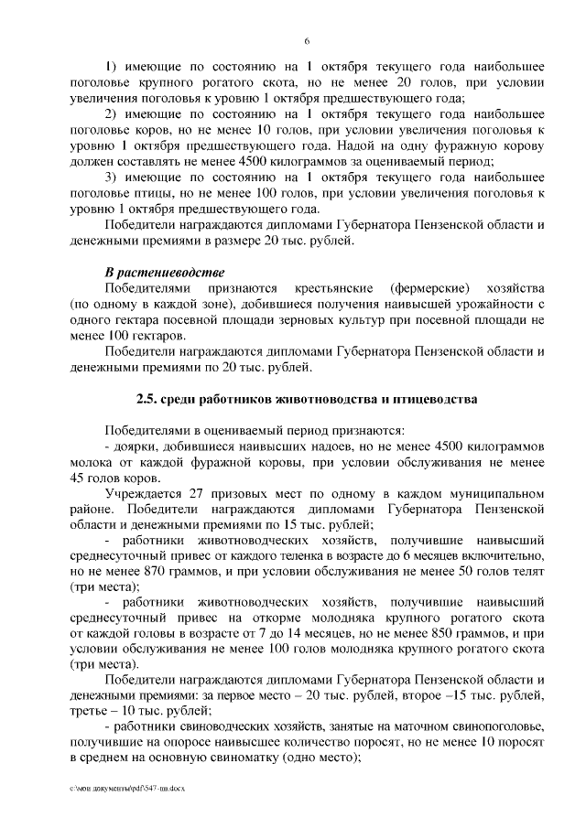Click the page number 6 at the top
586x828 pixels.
pyautogui.click(x=307, y=40)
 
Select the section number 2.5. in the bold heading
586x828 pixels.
pyautogui.click(x=147, y=400)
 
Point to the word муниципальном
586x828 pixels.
pyautogui.click(x=495, y=495)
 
